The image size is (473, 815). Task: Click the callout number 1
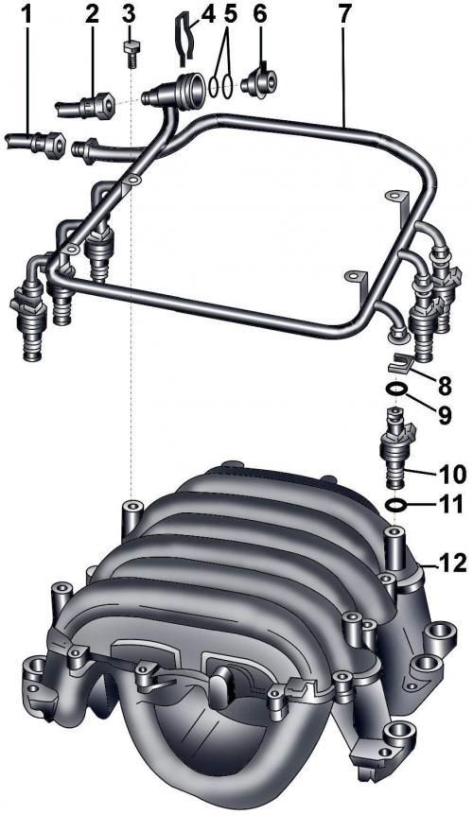(26, 14)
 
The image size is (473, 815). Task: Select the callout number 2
(92, 14)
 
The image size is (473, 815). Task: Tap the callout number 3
(129, 14)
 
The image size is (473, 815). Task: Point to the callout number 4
(207, 14)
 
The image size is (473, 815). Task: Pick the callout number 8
(445, 385)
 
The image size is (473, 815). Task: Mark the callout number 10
(450, 473)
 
